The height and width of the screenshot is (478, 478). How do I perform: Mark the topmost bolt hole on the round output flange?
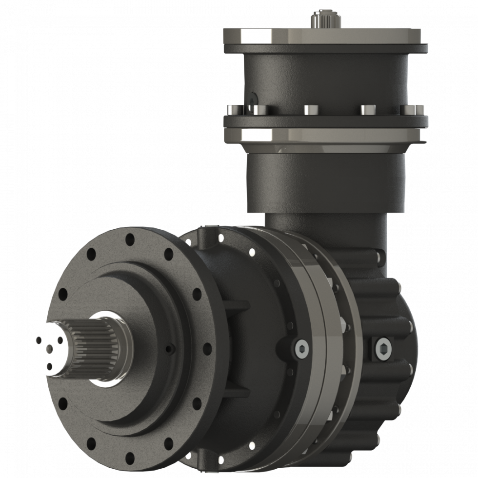tap(130, 239)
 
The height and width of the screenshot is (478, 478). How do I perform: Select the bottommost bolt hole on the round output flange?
tap(130, 458)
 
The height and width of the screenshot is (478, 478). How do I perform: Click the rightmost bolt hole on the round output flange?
tap(207, 348)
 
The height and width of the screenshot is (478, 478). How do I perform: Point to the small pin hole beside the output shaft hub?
tap(169, 348)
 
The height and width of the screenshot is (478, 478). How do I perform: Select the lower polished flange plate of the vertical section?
tap(326, 135)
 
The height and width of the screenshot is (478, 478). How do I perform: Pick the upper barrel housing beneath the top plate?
tap(326, 73)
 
